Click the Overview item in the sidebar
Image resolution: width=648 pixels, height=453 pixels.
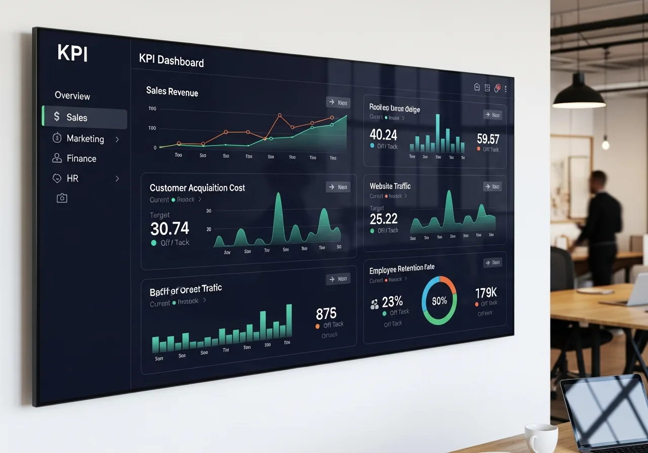coord(72,96)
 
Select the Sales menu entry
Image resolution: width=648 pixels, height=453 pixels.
coord(77,117)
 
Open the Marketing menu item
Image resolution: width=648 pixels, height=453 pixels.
coord(85,139)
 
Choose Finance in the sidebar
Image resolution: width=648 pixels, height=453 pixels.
coord(81,158)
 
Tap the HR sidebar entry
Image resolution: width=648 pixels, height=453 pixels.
coord(72,178)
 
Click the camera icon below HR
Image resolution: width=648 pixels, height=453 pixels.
coord(62,198)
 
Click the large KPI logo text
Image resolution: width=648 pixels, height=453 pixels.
coord(72,53)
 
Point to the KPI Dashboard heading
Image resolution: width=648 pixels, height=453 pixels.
coord(171,61)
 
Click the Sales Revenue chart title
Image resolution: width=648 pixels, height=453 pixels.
coord(172,92)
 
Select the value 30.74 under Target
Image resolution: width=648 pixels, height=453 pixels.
coord(170,229)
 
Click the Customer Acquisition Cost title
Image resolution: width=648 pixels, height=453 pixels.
coord(197,188)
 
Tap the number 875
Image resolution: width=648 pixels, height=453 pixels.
coord(326,313)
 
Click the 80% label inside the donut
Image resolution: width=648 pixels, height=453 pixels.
coord(439,301)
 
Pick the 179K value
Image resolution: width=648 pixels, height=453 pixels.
coord(486,293)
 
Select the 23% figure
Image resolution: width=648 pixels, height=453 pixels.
coord(392,302)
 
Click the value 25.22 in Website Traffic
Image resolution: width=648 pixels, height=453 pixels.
coord(383,219)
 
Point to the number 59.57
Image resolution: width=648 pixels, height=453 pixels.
coord(488,139)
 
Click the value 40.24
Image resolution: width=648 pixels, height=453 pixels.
coord(383,134)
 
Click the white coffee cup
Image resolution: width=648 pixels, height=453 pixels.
coord(541,438)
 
